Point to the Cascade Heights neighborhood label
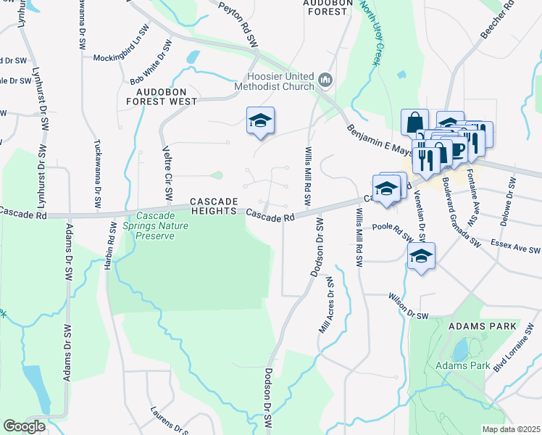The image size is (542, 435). [x=214, y=205]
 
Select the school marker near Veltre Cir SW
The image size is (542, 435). [x=260, y=120]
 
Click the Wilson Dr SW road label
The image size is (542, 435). [x=409, y=306]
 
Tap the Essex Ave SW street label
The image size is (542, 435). [x=515, y=246]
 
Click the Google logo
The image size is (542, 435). [x=25, y=426]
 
